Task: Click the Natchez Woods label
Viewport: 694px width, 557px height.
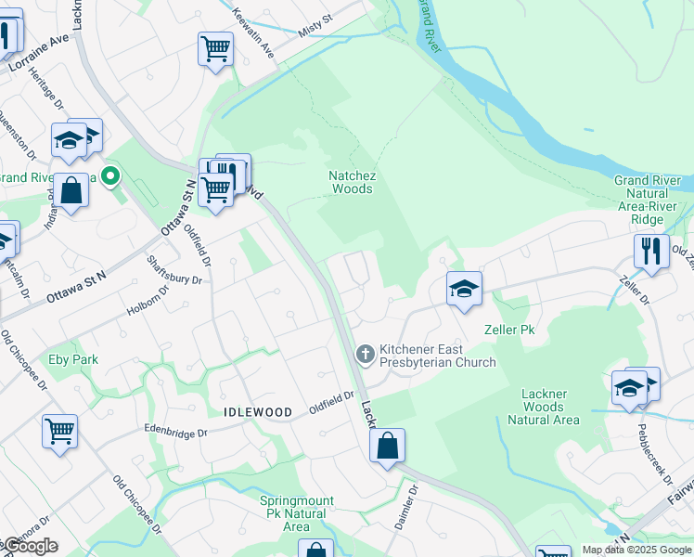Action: (351, 182)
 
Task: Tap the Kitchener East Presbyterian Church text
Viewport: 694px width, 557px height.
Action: (437, 356)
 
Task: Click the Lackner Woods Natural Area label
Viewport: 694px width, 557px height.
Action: (543, 407)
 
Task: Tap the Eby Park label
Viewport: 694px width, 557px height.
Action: (73, 358)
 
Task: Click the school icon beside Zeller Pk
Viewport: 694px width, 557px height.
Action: (464, 289)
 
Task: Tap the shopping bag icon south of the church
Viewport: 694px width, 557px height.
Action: (387, 446)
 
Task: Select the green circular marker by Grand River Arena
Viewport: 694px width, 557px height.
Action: (110, 175)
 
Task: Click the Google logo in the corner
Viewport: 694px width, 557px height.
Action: (30, 546)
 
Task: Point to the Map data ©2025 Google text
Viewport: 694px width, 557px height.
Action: (636, 550)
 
